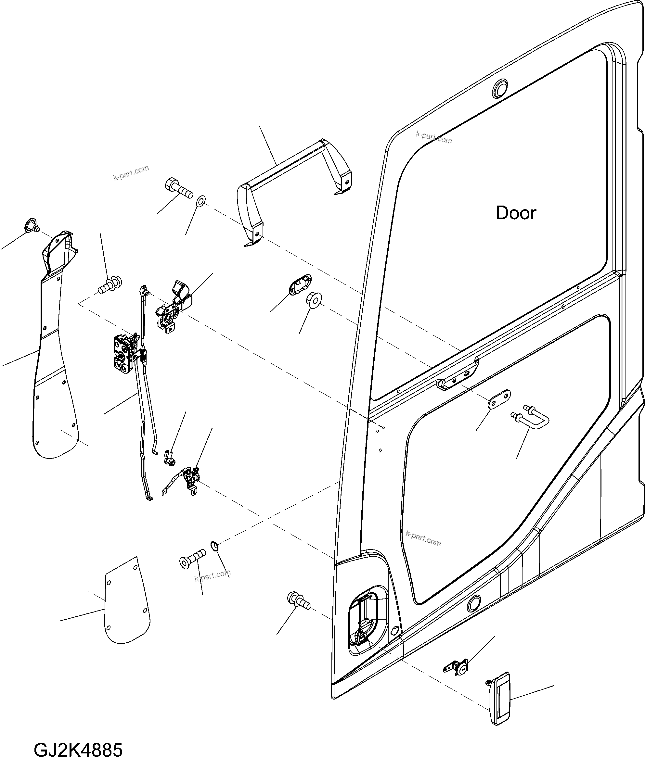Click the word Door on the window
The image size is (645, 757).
click(x=516, y=213)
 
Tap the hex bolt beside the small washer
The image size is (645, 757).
click(x=179, y=188)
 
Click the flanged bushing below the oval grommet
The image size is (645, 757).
click(x=314, y=299)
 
